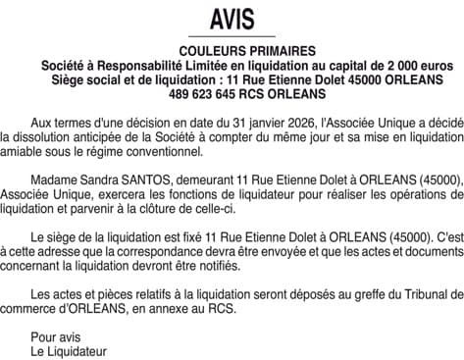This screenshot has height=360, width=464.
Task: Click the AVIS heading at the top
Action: [232, 20]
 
